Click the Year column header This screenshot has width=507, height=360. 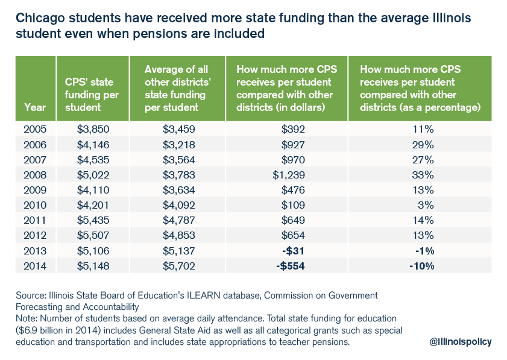[35, 107]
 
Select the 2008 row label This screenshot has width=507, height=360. [35, 175]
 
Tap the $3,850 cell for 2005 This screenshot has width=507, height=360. [86, 129]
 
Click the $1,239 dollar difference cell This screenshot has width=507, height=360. [292, 175]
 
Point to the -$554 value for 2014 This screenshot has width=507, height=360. [292, 266]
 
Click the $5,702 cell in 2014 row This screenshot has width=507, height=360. [178, 266]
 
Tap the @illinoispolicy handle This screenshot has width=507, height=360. [461, 341]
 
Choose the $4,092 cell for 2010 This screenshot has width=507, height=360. [178, 205]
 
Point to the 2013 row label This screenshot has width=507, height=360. [35, 251]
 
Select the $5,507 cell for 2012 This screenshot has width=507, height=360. [86, 236]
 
